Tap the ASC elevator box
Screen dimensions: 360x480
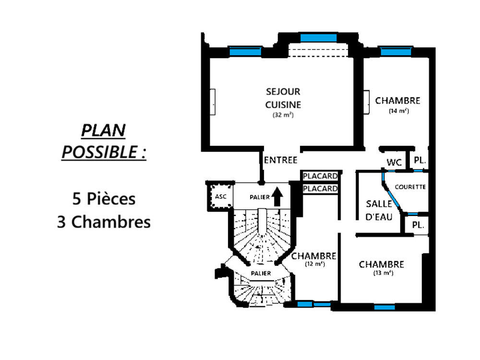click(220, 196)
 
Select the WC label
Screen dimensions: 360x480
click(394, 163)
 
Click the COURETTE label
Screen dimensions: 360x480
click(410, 187)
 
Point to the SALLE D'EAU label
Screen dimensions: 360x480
click(379, 210)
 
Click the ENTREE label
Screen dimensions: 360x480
click(281, 160)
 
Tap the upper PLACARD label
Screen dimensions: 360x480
click(320, 176)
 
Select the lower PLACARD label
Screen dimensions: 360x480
click(320, 189)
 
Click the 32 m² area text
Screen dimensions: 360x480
click(283, 115)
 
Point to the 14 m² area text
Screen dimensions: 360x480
click(398, 111)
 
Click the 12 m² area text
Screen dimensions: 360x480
click(314, 264)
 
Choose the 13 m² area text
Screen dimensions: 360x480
click(383, 273)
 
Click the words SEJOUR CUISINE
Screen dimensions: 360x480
click(283, 98)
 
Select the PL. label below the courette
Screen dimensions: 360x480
click(417, 225)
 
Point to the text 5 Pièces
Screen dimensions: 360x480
click(104, 198)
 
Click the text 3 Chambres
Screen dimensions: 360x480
click(104, 222)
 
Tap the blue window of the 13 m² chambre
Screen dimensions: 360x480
click(384, 307)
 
